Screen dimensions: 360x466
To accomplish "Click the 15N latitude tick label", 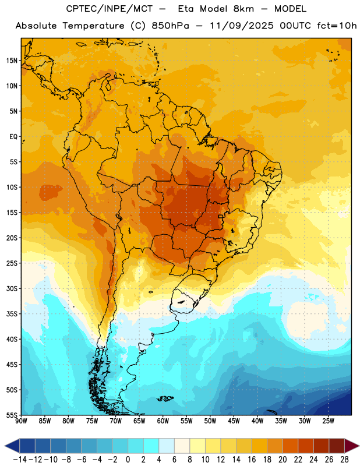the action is [x=12, y=61].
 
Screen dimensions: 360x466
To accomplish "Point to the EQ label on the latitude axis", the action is [x=13, y=137].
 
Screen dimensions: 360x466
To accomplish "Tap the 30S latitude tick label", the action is [x=12, y=288].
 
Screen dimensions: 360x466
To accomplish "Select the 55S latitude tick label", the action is [x=12, y=415].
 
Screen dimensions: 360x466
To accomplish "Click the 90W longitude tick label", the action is [x=22, y=421].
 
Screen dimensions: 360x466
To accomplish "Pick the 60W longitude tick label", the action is [x=163, y=421].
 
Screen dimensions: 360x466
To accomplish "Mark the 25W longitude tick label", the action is [x=328, y=421].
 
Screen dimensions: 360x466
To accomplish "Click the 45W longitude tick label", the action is [x=234, y=421].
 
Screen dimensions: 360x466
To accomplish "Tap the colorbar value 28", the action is [x=344, y=460].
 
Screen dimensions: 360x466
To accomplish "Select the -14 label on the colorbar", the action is [x=20, y=460].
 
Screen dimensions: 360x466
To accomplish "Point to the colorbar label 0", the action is [x=128, y=460].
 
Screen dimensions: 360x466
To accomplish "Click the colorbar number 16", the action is [x=252, y=460].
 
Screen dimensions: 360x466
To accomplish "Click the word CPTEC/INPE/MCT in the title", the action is [x=110, y=9].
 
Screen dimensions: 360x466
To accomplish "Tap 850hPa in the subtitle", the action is [x=170, y=26].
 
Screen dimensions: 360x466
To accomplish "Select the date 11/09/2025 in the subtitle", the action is [x=242, y=26].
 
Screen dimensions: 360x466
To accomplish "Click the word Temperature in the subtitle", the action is [x=93, y=26].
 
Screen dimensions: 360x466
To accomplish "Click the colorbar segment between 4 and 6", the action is [x=167, y=446].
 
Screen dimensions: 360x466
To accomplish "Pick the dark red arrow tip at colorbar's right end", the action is [x=352, y=446].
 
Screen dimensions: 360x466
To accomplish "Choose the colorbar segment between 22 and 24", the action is [x=306, y=446].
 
